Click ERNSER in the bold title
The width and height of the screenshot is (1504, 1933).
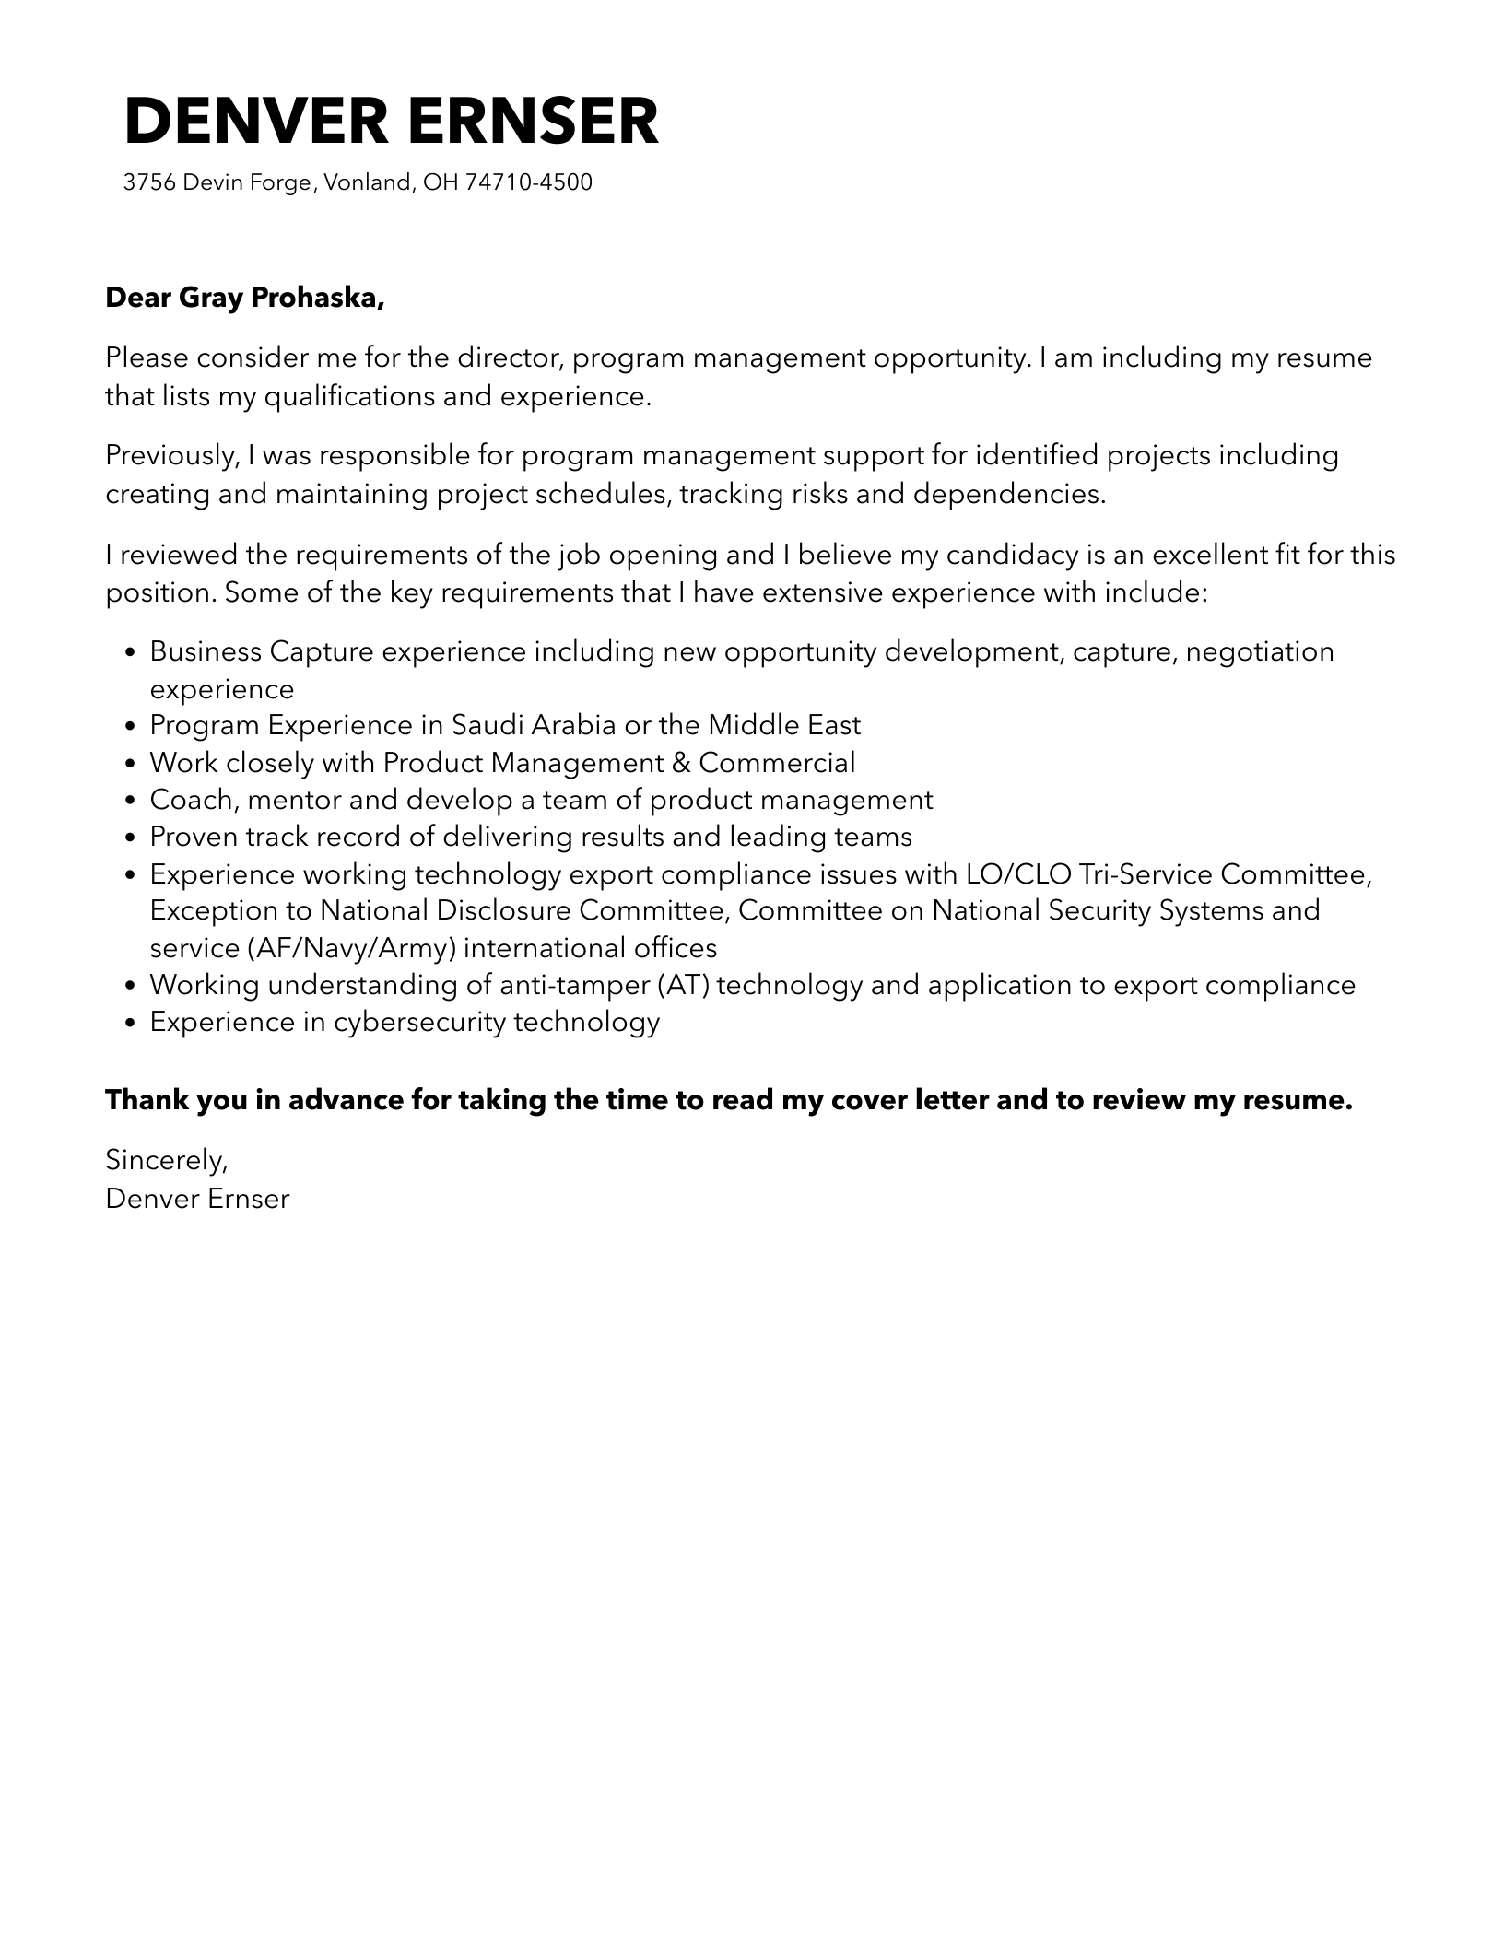coord(536,122)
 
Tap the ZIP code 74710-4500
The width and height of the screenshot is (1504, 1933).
coord(528,182)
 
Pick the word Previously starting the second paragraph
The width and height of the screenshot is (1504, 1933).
coord(172,455)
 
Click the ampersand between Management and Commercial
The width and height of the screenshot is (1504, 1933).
coord(681,763)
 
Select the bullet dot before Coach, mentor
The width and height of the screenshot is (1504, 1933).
coord(130,801)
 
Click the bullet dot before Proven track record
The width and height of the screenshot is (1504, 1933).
coord(130,838)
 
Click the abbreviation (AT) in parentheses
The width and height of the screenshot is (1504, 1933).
coord(683,985)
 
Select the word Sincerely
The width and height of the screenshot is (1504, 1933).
coord(166,1160)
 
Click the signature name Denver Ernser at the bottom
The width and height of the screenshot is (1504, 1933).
coord(197,1199)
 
